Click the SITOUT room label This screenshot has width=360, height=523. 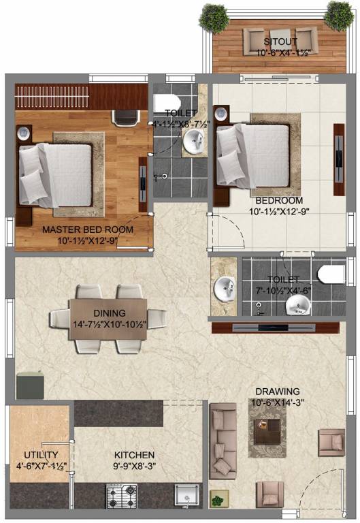coord(280,42)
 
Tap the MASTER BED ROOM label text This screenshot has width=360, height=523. coord(88,229)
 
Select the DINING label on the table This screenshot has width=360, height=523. coord(110,313)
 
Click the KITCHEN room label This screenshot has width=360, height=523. coord(134,455)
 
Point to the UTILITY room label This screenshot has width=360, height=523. coord(41,455)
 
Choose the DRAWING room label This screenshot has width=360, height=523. coord(278,392)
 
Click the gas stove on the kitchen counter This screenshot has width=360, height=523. coord(122,496)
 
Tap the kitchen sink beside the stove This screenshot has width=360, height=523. coord(187,496)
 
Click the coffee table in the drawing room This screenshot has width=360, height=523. coord(267,431)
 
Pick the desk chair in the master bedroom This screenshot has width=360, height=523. coord(126,118)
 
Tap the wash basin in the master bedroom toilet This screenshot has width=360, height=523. coord(194,140)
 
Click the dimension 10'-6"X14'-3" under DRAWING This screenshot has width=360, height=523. coord(278,402)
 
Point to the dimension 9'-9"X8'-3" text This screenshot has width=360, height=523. coord(134,466)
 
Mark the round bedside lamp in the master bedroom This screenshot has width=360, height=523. coord(24,133)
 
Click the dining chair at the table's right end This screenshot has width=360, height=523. coord(157,319)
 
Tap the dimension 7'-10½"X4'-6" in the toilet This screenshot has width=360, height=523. coord(284,291)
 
